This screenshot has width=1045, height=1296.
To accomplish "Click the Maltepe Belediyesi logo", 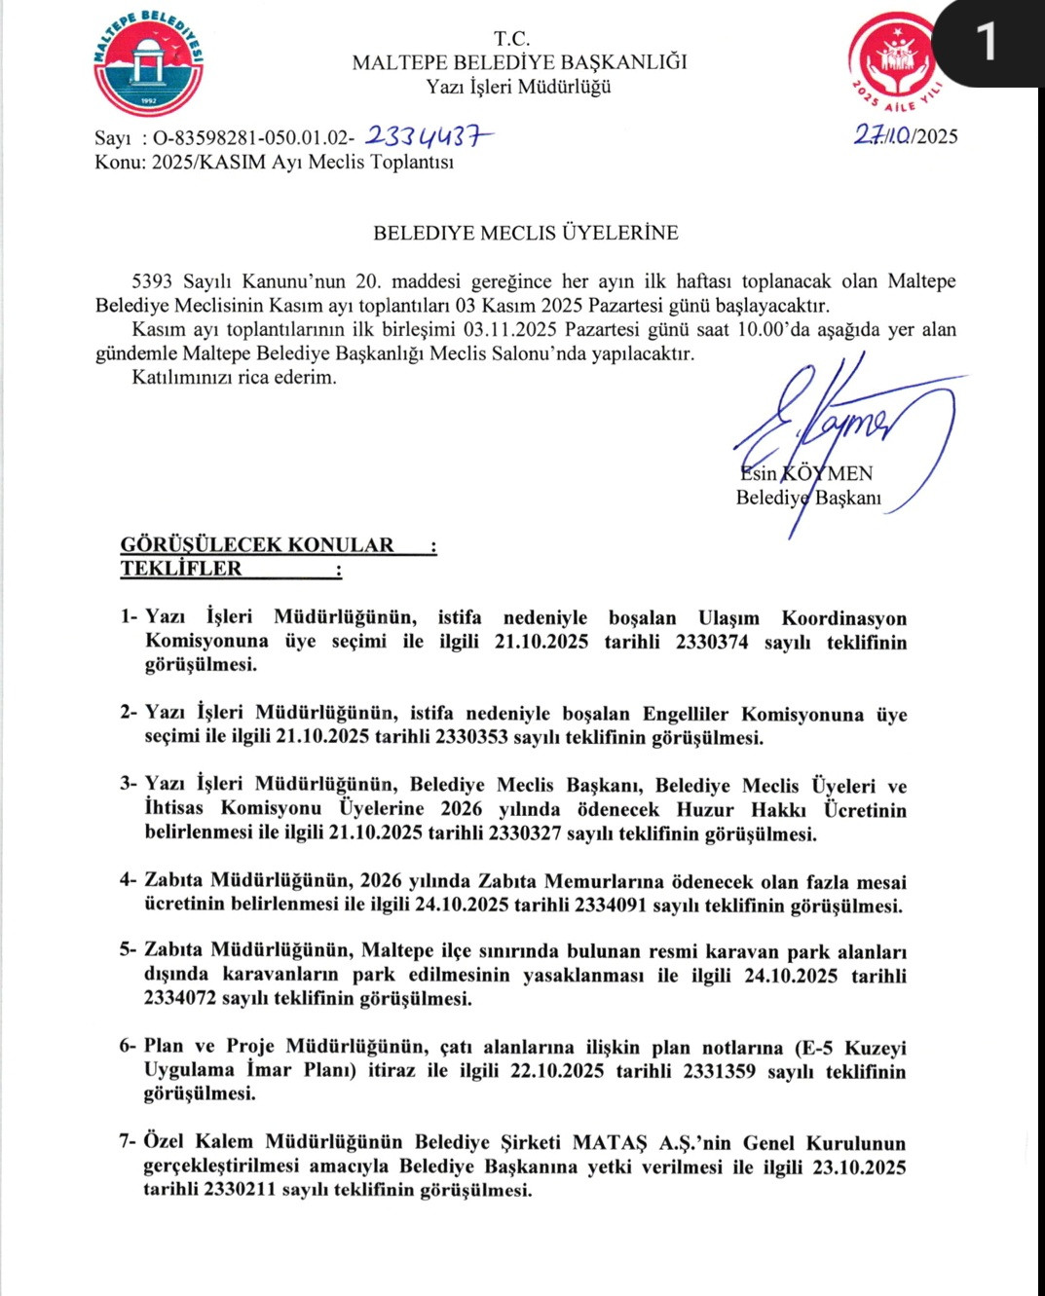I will (x=148, y=63).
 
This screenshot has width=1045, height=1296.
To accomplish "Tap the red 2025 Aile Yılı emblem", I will (x=896, y=60).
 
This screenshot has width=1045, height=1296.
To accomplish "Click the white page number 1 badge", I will (x=987, y=42).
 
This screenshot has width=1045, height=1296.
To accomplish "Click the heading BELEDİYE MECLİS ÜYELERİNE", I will (x=526, y=233).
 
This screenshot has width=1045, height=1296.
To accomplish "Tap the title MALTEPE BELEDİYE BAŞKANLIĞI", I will (x=519, y=62).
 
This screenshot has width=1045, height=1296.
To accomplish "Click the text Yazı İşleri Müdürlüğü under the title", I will (x=518, y=87).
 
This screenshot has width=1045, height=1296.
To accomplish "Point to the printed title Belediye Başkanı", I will (x=808, y=498).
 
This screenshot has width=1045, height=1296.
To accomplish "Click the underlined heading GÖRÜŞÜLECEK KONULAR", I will (x=258, y=544).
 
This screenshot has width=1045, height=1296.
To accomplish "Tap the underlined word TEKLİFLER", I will (x=181, y=569).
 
